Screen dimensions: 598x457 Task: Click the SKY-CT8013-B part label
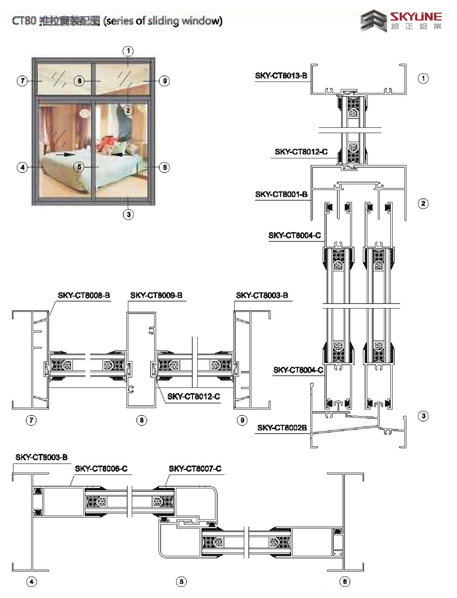coord(281,76)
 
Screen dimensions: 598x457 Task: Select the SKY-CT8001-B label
coord(281,195)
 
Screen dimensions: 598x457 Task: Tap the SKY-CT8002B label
coord(282,428)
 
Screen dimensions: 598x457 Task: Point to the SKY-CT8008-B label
coord(84,295)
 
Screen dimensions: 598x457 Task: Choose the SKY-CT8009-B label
coord(156,295)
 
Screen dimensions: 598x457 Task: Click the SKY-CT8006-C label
coord(101,469)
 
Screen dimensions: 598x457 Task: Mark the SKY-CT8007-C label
coord(195,469)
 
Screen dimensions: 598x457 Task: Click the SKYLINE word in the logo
coord(415,17)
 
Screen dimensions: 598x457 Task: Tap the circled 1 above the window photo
coord(128,51)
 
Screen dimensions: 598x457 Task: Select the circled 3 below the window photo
coord(128,214)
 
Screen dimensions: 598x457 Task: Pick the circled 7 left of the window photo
coord(22,81)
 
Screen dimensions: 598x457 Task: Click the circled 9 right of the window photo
coord(165,81)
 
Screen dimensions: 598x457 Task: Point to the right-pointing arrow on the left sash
coord(65,155)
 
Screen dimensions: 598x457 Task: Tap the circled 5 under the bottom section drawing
coord(181,582)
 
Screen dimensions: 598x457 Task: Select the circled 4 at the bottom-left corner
coord(32,582)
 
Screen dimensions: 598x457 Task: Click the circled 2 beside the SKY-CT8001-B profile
coord(423,204)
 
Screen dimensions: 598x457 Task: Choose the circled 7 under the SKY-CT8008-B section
coord(31,420)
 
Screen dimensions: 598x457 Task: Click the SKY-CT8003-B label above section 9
coord(262,295)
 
